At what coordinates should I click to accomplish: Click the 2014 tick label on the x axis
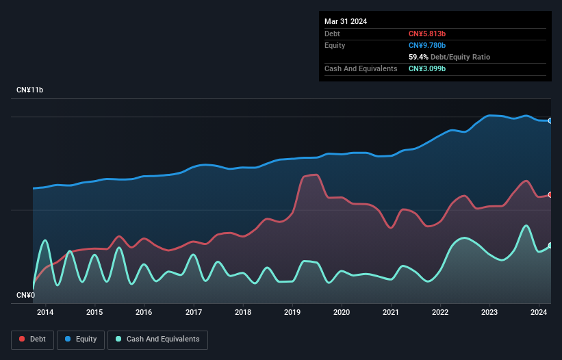tap(45, 313)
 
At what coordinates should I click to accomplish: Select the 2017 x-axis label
tap(194, 313)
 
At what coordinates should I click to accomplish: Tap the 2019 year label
tap(292, 313)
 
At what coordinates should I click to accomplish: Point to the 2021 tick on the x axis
tap(391, 313)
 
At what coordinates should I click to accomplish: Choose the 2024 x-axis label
tap(539, 313)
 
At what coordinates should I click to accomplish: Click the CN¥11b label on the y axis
tap(30, 90)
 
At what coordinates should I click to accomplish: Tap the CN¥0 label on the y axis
tap(26, 295)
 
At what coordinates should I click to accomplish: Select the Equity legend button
tap(81, 339)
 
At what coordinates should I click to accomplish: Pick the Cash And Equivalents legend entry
tap(157, 339)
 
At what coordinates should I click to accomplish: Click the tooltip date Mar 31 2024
tap(346, 21)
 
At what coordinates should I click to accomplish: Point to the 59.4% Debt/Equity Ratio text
tap(449, 57)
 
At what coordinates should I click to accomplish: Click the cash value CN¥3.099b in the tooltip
tap(427, 68)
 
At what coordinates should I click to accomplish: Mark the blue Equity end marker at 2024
tap(550, 120)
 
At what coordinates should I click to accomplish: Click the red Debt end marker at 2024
tap(550, 194)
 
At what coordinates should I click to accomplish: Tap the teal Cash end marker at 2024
tap(550, 245)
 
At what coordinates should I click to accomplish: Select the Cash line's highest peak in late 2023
tap(526, 225)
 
